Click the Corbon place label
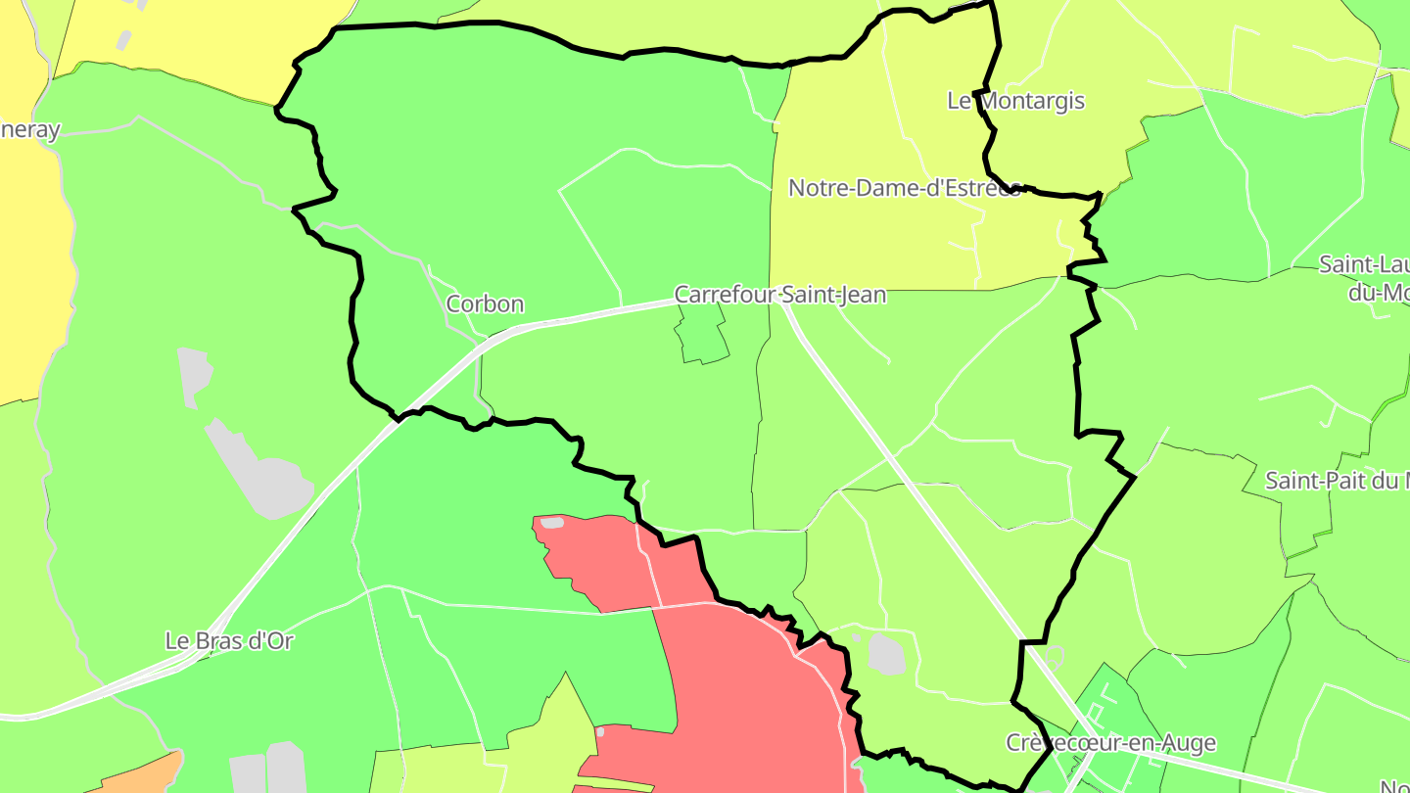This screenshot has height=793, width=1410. (x=485, y=304)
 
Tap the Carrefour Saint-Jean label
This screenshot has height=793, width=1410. (x=779, y=295)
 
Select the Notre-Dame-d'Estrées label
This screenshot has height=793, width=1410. (x=904, y=188)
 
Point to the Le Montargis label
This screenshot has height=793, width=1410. (x=1015, y=101)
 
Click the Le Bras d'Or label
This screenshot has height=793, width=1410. (x=229, y=641)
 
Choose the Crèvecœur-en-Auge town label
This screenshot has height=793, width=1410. (x=1110, y=743)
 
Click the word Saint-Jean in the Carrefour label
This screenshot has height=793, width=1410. (x=833, y=295)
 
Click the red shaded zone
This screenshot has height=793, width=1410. (x=744, y=685)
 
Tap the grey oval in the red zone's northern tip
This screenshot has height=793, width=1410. (x=552, y=523)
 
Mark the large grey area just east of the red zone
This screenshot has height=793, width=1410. (x=887, y=654)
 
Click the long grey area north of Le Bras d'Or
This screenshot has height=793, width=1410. (x=259, y=475)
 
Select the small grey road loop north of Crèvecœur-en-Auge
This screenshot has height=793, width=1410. (x=1055, y=655)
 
